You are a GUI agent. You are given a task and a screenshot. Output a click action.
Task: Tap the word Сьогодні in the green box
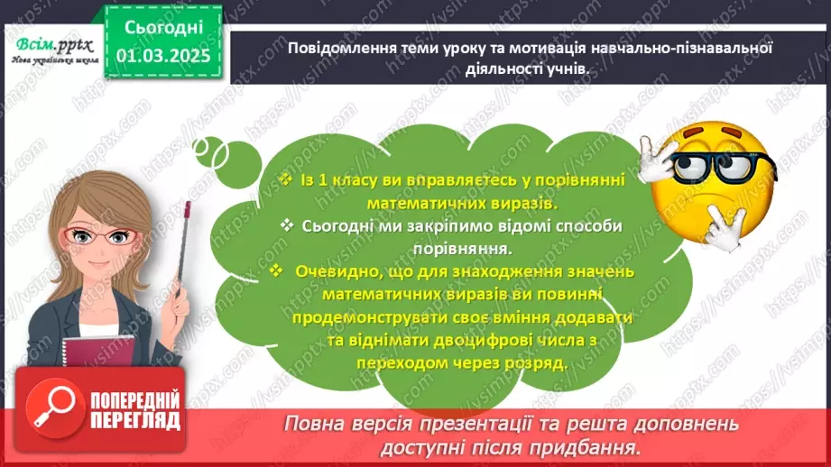pyautogui.click(x=163, y=30)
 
